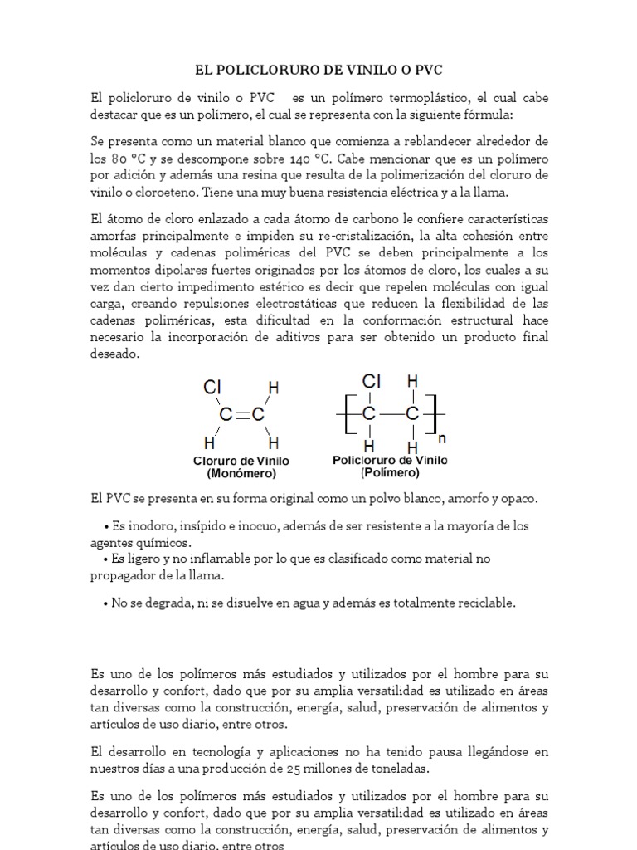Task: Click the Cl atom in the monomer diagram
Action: (212, 386)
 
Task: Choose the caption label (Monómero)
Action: (241, 474)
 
